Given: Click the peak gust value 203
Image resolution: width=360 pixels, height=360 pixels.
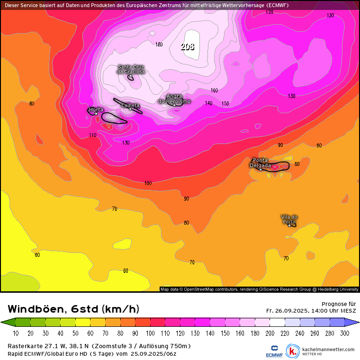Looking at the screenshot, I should pos(188,46).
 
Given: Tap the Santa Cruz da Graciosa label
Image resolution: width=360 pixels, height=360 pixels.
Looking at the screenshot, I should pos(131,69).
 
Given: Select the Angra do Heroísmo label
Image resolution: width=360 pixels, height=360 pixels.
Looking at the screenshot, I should pos(174,99).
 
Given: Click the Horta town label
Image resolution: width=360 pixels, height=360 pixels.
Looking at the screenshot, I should pos(96,109).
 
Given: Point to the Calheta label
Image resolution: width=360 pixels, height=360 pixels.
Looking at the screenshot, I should pos(131,105).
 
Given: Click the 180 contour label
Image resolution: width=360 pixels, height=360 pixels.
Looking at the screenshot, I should pos(159,45).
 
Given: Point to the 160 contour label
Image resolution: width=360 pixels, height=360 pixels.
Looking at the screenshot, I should pos(214,90).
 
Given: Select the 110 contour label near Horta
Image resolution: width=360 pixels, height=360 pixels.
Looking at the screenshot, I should pos(93,135).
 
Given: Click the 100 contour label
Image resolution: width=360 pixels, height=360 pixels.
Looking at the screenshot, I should pos(148,183).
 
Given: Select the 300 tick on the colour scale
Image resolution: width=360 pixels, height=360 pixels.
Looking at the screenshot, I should pos(345,333).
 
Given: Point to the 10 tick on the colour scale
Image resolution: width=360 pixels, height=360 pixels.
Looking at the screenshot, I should pos(16,333).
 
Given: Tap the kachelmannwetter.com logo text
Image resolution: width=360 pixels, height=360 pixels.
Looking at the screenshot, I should pos(328,349).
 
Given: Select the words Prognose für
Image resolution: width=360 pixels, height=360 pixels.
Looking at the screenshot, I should pos(339,304).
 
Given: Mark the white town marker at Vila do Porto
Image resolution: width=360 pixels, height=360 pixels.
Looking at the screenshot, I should pos(289,225).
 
